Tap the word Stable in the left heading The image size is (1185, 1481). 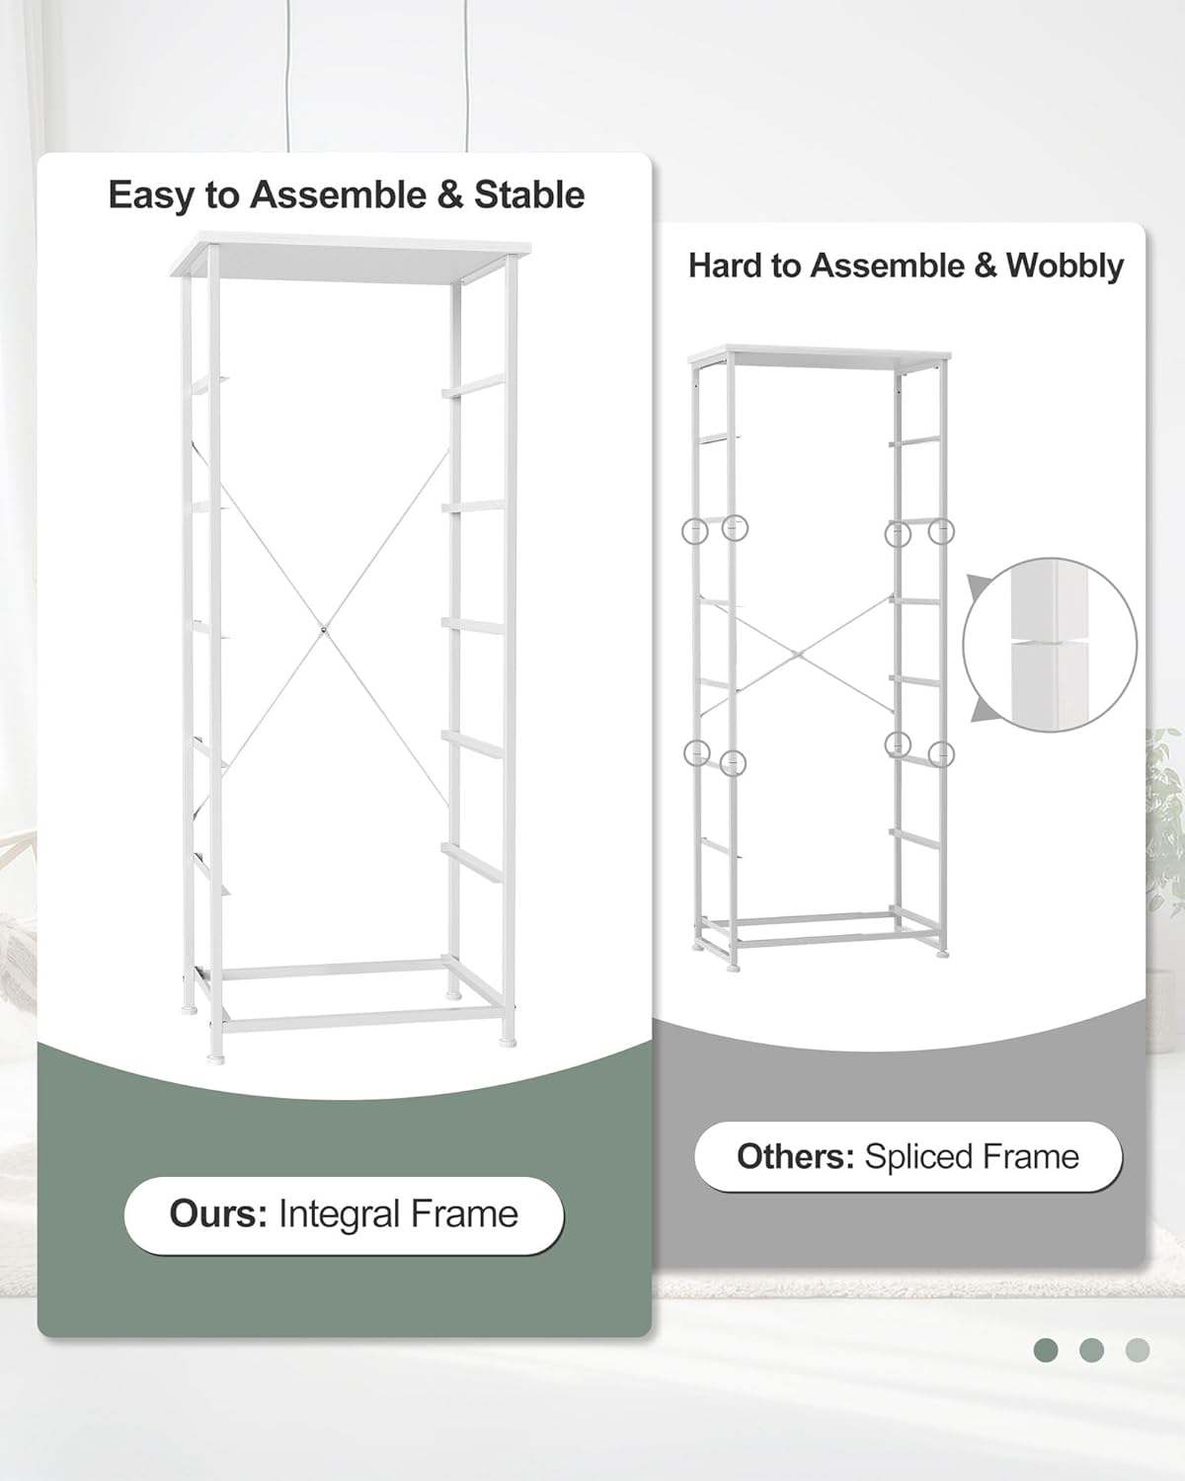pos(529,195)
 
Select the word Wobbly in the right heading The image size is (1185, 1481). pos(1065,266)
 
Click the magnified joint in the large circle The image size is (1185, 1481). pos(1049,644)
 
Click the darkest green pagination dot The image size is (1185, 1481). pos(1046,1350)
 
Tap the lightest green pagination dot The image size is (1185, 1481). pos(1138,1350)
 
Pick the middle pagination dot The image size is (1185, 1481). pos(1091,1350)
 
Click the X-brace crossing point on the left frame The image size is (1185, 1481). pos(324,627)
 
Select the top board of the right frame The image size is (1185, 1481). pos(820,355)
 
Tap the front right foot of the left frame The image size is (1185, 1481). pos(510,1039)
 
